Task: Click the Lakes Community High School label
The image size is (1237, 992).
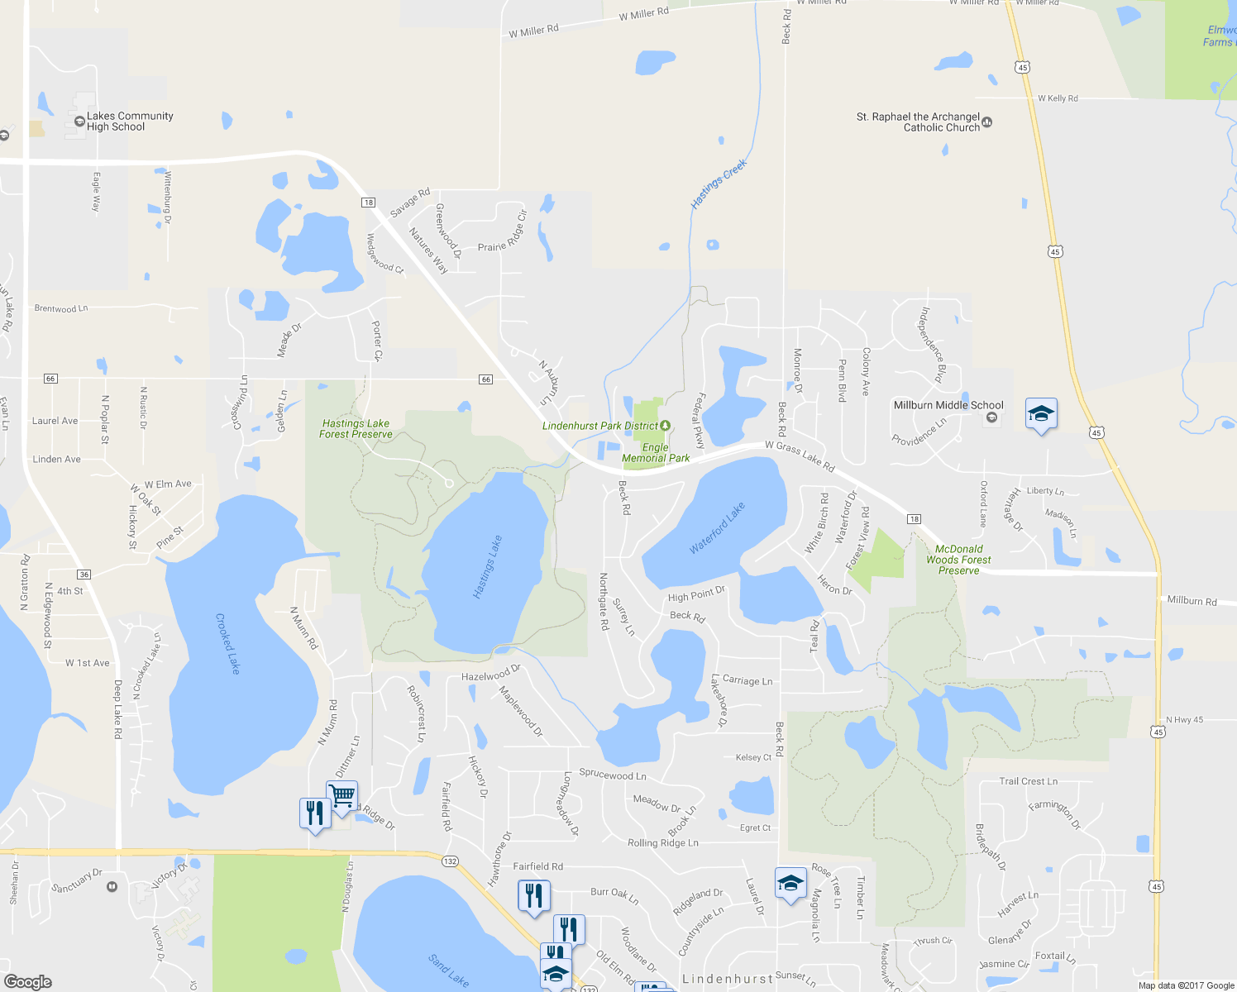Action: (x=130, y=122)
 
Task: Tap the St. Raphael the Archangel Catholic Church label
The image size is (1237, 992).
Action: (x=918, y=122)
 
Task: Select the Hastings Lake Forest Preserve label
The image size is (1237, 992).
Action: (x=356, y=428)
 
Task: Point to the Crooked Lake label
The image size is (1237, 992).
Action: (x=227, y=643)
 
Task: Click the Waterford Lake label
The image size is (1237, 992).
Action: (x=717, y=528)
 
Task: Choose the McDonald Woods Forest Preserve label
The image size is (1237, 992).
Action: (x=958, y=560)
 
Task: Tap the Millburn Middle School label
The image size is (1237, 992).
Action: (x=948, y=405)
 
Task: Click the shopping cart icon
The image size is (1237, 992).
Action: (x=341, y=796)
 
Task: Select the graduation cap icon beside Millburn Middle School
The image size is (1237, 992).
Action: (x=1041, y=413)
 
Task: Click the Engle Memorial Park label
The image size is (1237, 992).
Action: (x=656, y=453)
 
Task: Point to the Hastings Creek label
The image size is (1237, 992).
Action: (x=719, y=184)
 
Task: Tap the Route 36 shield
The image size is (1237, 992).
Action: (x=84, y=575)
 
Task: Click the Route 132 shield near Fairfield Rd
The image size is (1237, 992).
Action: (x=450, y=861)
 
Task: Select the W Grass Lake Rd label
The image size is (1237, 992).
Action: (x=800, y=456)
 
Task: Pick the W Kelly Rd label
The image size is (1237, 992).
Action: (x=1058, y=98)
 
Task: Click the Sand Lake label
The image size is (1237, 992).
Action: (x=449, y=970)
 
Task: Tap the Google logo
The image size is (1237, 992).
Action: (x=28, y=981)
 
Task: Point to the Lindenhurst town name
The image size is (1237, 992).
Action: (x=728, y=979)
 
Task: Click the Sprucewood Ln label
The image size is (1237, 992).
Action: (x=613, y=775)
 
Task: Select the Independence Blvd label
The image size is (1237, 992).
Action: (x=933, y=345)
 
